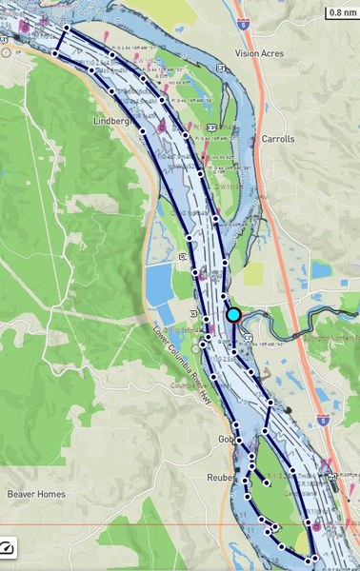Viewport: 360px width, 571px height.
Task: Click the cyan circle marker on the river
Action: click(233, 315)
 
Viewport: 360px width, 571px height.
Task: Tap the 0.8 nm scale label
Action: click(341, 13)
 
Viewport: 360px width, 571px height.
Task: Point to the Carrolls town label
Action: click(276, 139)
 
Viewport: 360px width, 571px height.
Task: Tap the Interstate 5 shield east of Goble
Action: click(324, 418)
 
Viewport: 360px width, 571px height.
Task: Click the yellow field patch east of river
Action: click(252, 274)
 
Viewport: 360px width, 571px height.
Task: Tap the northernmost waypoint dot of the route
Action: click(67, 28)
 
